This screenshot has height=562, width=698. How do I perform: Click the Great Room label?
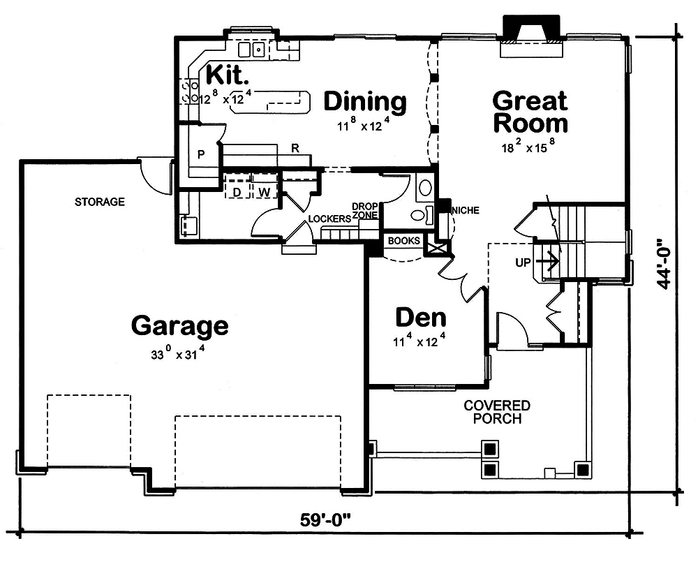click(x=530, y=112)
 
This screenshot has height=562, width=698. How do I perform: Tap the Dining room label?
click(x=365, y=101)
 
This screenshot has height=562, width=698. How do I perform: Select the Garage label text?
click(x=179, y=325)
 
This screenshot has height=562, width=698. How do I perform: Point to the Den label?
click(x=421, y=318)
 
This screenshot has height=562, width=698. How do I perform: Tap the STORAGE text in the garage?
click(x=100, y=202)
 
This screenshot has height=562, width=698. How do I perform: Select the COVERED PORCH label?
click(x=497, y=412)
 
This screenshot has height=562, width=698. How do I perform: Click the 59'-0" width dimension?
click(x=325, y=520)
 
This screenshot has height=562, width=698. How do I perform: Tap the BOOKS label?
click(x=404, y=241)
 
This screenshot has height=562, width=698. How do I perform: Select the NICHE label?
click(x=466, y=210)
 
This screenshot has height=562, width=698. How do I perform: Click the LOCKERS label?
click(x=329, y=219)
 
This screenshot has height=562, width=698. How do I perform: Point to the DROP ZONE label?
click(x=364, y=211)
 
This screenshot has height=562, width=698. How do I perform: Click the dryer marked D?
click(x=237, y=191)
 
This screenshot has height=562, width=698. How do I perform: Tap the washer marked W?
click(x=263, y=191)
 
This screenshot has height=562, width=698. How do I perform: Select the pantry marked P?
click(x=200, y=154)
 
